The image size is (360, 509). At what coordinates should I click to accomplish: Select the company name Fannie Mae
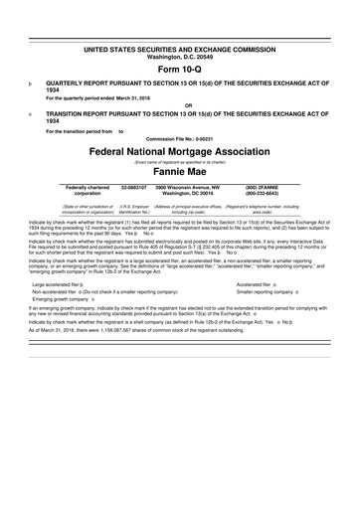(179, 171)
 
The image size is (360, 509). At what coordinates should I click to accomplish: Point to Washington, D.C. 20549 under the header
(179, 56)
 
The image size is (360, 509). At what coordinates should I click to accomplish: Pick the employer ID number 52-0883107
(134, 186)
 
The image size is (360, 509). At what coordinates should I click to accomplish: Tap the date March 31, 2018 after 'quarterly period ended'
(142, 97)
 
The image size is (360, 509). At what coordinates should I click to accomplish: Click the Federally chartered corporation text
(88, 189)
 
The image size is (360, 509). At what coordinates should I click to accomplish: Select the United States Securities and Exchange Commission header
(179, 48)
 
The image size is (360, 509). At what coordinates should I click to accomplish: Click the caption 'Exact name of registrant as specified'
(179, 160)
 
